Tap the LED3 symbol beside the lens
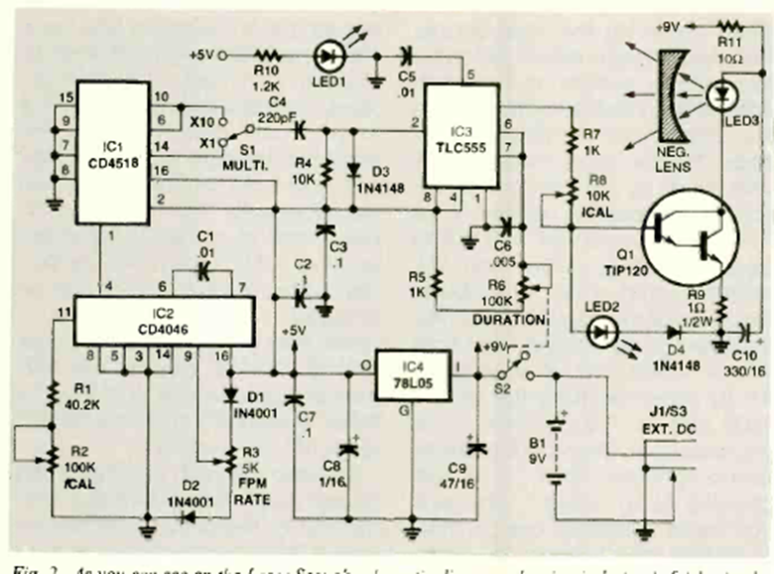pyautogui.click(x=721, y=96)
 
